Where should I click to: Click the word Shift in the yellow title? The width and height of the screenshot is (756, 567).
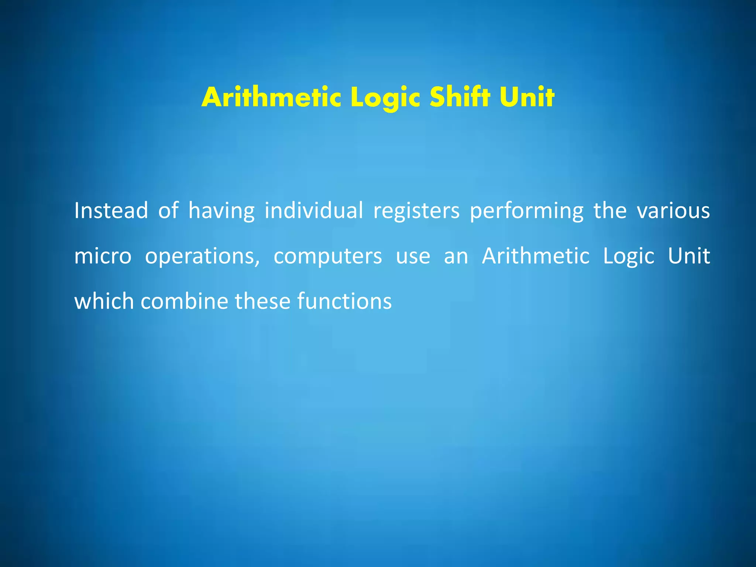pos(460,97)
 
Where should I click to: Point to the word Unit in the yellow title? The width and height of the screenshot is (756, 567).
pos(527,97)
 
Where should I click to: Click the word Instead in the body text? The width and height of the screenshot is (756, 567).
pos(111,210)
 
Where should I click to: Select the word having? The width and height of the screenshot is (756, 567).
pos(221,211)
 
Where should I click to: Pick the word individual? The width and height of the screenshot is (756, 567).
pos(314,210)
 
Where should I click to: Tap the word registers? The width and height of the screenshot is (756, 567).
pos(416,211)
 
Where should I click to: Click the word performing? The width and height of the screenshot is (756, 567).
pos(527,211)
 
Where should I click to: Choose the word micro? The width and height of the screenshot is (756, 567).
pos(103,256)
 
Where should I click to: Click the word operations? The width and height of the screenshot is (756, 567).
pos(202,256)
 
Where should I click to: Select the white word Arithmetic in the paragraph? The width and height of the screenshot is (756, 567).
pos(536,255)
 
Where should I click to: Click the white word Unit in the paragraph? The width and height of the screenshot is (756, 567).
pos(689,255)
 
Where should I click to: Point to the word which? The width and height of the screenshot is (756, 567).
pos(104,301)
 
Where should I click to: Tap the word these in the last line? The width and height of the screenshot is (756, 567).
pos(263,301)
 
